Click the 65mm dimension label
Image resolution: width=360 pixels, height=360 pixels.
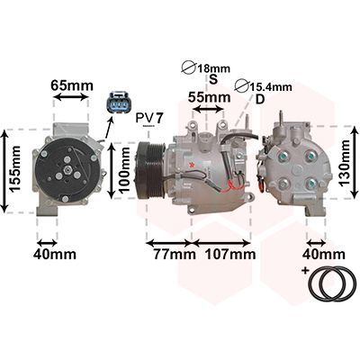[x=72, y=85]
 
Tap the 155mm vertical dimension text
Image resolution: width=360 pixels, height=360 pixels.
[x=14, y=168]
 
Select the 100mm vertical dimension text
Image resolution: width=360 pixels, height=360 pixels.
[x=124, y=170]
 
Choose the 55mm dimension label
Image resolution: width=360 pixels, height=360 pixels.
[x=210, y=97]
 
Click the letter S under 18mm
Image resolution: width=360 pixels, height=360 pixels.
[x=213, y=79]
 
